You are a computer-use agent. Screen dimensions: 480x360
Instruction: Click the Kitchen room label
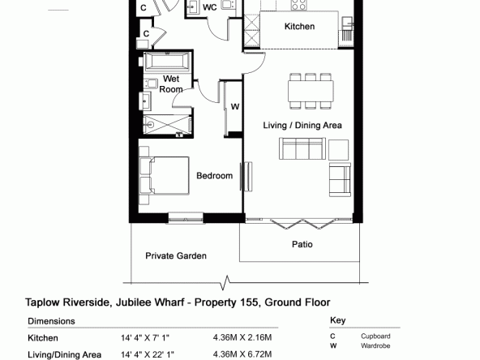tap(299, 26)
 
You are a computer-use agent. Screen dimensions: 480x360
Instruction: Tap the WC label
tap(210, 7)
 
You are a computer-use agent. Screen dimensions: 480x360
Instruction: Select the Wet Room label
tap(171, 84)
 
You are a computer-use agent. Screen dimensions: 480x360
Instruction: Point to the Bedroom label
tap(214, 176)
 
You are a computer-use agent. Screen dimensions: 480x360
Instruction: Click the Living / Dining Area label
tap(302, 125)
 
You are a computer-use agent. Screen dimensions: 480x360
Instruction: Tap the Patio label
tap(302, 244)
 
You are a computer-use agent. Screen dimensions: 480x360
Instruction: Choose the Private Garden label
tap(176, 255)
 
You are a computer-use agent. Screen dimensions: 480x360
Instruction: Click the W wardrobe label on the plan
tap(235, 107)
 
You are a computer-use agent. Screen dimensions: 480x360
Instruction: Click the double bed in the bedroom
tap(165, 176)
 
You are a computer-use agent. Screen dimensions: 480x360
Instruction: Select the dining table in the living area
tap(311, 91)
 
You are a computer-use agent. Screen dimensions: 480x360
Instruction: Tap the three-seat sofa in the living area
tap(302, 148)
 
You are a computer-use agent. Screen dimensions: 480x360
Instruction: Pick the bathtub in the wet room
tap(167, 62)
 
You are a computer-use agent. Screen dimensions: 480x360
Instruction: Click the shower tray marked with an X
tap(167, 125)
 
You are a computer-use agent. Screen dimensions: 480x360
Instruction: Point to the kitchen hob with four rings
tap(298, 5)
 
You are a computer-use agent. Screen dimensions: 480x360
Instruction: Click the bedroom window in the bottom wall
tap(186, 218)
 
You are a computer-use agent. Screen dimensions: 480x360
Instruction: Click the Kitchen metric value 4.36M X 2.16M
tap(242, 337)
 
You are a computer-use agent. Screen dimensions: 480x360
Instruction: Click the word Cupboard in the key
tap(375, 336)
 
